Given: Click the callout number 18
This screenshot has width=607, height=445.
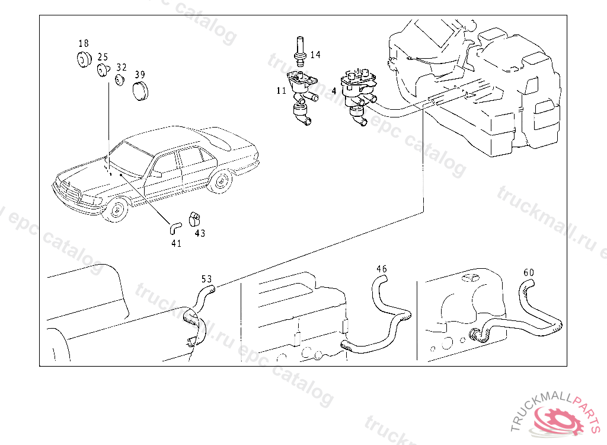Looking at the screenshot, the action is click(84, 43).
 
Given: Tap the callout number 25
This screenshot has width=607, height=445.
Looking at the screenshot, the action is click(103, 57).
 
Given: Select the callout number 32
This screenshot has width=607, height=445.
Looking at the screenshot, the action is click(122, 67).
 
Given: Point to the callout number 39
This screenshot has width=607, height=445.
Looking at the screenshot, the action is click(140, 75).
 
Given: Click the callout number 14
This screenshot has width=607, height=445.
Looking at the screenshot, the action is click(315, 55).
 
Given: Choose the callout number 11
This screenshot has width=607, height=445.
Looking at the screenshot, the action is click(280, 91).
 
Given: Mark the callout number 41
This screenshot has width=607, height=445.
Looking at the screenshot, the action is click(176, 243).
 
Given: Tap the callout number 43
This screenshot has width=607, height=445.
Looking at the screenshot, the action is click(200, 233).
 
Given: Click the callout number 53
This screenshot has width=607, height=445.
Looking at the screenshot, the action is click(206, 278).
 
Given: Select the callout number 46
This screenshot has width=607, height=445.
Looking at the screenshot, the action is click(382, 269).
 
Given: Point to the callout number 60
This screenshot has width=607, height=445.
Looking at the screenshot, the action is click(529, 272).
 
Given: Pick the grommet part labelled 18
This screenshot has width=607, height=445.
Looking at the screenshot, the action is click(82, 59).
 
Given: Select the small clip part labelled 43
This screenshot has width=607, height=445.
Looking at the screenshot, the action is click(194, 218).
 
